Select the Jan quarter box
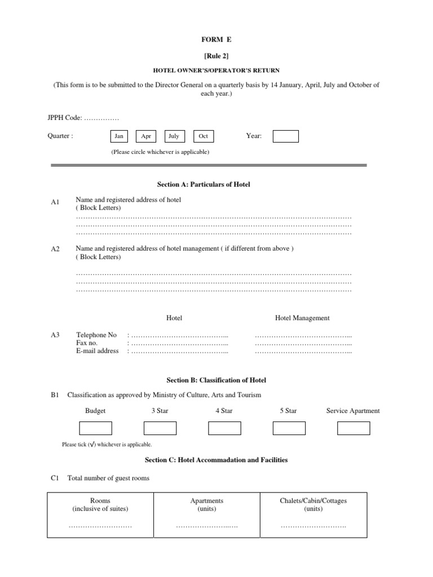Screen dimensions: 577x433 pyautogui.click(x=119, y=136)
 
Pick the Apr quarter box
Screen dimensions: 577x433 pyautogui.click(x=146, y=136)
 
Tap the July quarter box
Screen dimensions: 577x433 pyautogui.click(x=174, y=136)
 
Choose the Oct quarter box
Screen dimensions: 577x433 pyautogui.click(x=204, y=136)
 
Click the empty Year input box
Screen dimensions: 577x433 pyautogui.click(x=285, y=136)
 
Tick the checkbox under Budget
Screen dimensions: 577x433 pyautogui.click(x=95, y=428)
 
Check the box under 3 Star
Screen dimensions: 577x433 pyautogui.click(x=160, y=428)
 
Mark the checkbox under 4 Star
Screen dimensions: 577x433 pyautogui.click(x=224, y=428)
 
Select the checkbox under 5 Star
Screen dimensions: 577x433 pyautogui.click(x=289, y=428)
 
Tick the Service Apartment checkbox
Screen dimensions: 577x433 pyautogui.click(x=354, y=428)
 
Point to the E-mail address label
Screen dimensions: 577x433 pyautogui.click(x=97, y=351)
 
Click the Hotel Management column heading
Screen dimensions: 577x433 pyautogui.click(x=302, y=318)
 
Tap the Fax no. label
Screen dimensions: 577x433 pyautogui.click(x=87, y=343)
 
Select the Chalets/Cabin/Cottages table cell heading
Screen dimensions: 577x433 pyautogui.click(x=313, y=504)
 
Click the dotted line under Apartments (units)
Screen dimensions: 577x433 pyautogui.click(x=207, y=526)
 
